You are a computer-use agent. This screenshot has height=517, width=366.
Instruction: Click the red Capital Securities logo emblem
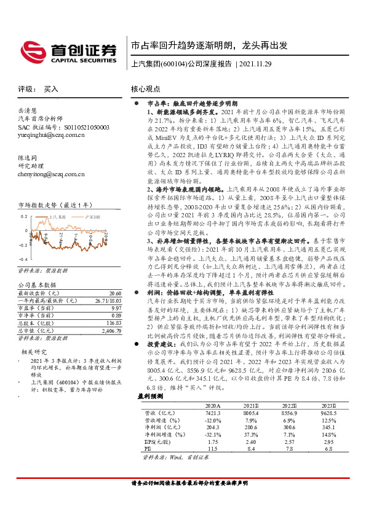pyautogui.click(x=31, y=49)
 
